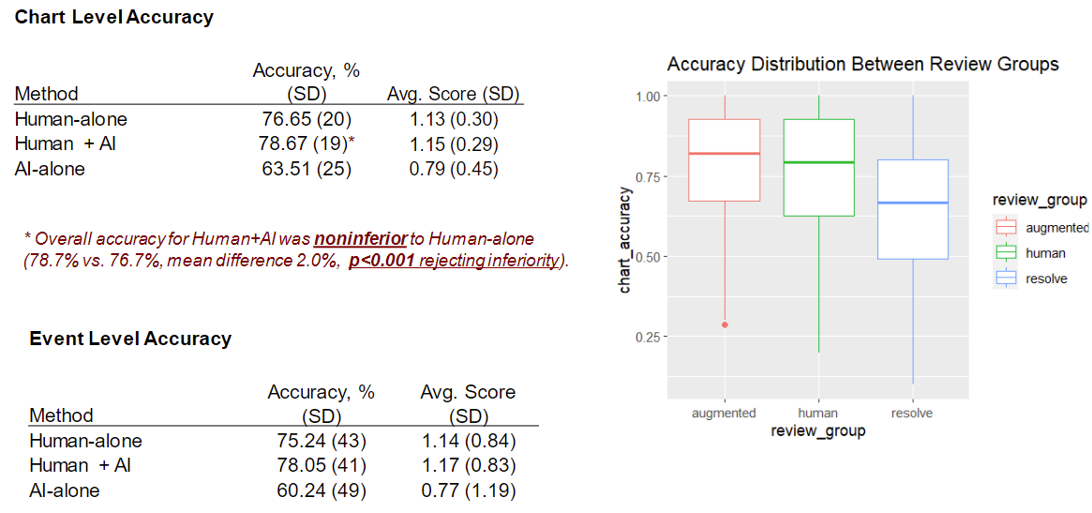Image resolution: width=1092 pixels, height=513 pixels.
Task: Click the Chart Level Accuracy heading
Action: (113, 18)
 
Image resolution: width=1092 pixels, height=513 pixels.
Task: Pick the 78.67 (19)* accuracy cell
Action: (306, 144)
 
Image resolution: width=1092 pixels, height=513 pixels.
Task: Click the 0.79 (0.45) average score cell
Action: (454, 170)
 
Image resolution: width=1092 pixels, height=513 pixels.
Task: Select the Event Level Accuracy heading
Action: (130, 339)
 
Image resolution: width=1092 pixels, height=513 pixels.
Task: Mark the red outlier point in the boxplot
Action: (725, 324)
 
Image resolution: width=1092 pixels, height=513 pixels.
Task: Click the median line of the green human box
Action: (818, 162)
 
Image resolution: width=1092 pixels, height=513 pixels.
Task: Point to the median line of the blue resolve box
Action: (912, 203)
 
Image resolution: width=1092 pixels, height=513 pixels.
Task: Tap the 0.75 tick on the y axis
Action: (649, 176)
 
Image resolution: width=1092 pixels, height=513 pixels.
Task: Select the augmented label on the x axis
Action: (724, 413)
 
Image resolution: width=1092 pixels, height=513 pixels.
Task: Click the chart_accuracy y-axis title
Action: (625, 240)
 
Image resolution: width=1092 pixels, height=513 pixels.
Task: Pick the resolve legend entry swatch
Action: (1007, 279)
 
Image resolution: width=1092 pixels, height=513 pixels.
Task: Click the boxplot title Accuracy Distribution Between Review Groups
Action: (862, 65)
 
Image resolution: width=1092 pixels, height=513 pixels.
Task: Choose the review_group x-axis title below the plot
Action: (817, 431)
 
